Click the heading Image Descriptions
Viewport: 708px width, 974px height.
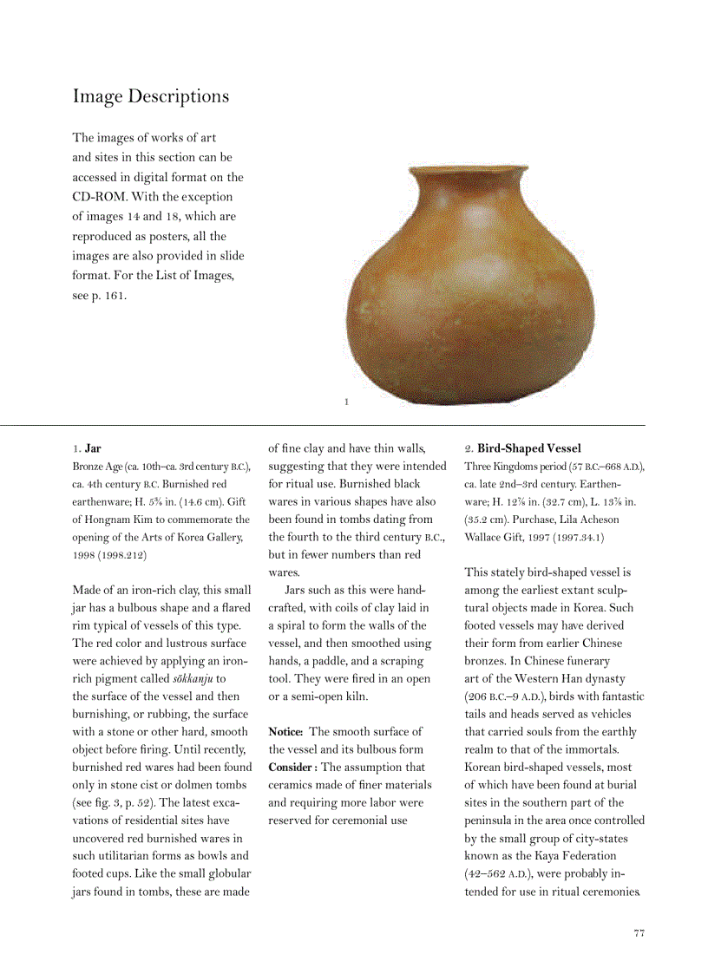pos(151,96)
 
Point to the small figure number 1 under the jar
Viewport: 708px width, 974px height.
pos(346,402)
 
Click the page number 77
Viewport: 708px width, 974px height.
pos(639,933)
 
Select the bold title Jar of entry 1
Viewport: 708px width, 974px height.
pos(93,448)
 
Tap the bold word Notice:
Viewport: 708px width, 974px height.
pos(285,732)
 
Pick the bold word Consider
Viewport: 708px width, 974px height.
pos(292,767)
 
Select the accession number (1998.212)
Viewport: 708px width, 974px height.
pos(122,554)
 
